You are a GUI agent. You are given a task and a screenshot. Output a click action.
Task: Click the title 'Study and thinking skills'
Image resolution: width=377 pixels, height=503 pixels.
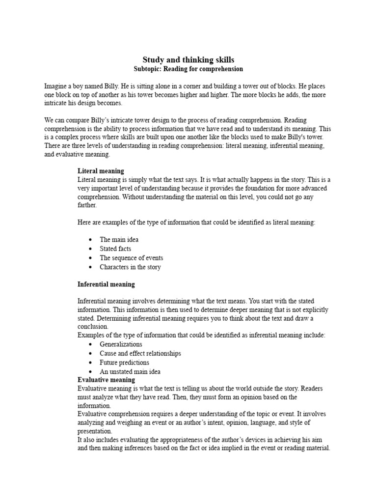click(188, 59)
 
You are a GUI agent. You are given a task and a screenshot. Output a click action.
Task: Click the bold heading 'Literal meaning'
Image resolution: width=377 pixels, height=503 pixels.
click(101, 171)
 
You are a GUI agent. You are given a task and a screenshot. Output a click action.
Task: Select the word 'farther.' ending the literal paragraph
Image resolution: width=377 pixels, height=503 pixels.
click(87, 206)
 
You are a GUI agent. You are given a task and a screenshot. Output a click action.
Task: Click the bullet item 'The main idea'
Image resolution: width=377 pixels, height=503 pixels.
click(119, 240)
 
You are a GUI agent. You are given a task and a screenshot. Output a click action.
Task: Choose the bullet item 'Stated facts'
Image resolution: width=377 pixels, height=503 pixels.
click(115, 249)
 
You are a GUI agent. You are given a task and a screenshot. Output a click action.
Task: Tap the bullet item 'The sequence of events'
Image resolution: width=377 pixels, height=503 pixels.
click(131, 258)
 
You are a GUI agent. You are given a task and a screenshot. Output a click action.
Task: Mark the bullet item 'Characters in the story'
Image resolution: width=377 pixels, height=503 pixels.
click(130, 267)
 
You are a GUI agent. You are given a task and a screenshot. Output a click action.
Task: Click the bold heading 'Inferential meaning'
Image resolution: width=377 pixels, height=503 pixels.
click(106, 284)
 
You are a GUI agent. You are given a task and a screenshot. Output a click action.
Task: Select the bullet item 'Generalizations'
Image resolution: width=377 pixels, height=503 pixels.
click(121, 344)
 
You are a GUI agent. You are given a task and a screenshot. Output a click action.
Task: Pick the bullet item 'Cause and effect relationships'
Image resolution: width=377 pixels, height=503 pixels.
click(140, 353)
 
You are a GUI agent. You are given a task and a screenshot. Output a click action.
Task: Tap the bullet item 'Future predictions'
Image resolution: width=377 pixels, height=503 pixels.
click(124, 363)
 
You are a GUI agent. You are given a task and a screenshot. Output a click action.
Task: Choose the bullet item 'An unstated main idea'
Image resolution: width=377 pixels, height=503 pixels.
click(130, 372)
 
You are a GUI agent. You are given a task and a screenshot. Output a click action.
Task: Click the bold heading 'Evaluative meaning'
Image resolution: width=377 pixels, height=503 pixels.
click(106, 380)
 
